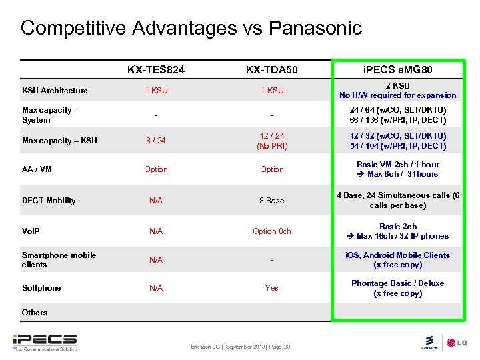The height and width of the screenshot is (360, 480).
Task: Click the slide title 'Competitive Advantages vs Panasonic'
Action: click(191, 28)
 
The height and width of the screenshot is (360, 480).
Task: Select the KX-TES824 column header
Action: click(156, 69)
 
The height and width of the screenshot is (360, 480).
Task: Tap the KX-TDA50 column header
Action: click(272, 69)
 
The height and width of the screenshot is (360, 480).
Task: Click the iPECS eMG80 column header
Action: click(398, 69)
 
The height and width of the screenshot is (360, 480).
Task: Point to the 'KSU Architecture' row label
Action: click(55, 91)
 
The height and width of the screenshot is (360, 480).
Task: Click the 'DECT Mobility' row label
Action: click(49, 201)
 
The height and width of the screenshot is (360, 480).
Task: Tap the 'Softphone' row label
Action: click(41, 288)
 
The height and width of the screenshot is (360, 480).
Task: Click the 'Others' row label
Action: click(35, 312)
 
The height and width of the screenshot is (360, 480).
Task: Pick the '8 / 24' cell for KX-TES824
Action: click(156, 141)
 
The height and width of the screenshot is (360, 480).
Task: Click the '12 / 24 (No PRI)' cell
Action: click(272, 141)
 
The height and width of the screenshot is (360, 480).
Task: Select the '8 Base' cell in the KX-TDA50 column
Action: click(272, 201)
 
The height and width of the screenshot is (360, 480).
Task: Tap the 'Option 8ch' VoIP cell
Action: click(272, 231)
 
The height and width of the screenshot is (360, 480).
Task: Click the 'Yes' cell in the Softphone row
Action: click(272, 288)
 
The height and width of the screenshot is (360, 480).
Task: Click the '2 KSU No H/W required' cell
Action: click(398, 91)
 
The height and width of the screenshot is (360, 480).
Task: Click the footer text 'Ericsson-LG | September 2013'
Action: click(240, 347)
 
